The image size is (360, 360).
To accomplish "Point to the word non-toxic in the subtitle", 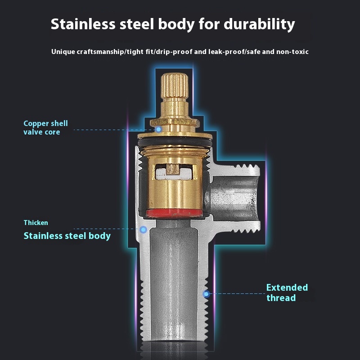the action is click(293, 52).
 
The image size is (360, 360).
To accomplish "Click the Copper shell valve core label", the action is click(45, 127).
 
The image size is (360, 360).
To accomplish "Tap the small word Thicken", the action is click(36, 222).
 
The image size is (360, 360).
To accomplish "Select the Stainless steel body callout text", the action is click(67, 235).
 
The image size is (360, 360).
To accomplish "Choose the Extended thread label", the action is click(287, 292).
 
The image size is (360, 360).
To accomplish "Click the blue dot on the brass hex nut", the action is click(159, 129).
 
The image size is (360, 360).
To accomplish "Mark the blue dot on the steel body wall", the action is click(143, 229).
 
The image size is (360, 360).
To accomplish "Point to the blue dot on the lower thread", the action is click(206, 294).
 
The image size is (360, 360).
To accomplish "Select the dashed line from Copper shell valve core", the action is click(112, 130).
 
